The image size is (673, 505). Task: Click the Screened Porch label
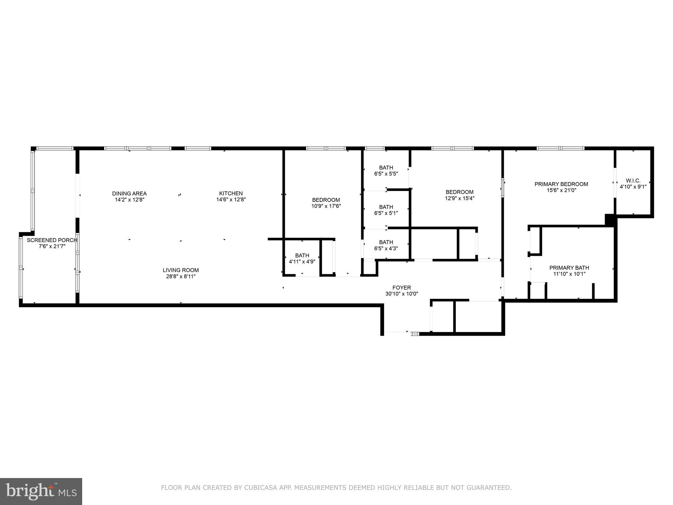tap(52, 240)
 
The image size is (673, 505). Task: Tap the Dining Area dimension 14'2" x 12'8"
tap(129, 200)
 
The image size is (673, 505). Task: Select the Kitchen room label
tap(231, 193)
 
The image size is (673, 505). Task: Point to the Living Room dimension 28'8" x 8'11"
tap(181, 277)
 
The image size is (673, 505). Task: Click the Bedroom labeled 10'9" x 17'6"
tap(326, 200)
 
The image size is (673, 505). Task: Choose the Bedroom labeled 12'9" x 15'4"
tap(459, 192)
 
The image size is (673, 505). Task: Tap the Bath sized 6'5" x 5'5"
tap(386, 168)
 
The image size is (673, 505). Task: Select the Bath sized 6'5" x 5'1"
tap(386, 207)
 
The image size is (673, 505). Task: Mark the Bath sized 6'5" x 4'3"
tap(386, 242)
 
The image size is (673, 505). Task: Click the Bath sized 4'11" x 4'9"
tap(302, 255)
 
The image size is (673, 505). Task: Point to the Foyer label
tap(402, 288)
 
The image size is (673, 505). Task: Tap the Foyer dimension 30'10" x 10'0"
tap(402, 294)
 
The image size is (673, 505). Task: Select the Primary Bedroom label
tap(561, 184)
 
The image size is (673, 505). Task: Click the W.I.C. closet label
tap(633, 180)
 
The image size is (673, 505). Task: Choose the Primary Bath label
tap(569, 268)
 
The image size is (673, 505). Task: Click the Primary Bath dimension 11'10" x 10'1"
tap(569, 274)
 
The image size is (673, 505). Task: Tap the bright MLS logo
tap(41, 491)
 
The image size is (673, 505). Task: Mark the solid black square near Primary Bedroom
tap(610, 220)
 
